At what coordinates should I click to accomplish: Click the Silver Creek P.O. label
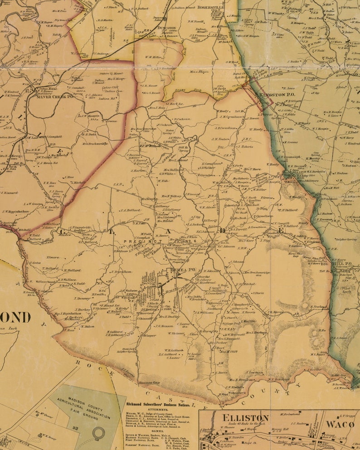pos(55,97)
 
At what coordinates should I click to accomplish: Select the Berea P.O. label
pos(182,270)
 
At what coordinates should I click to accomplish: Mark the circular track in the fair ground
pos(97,434)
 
